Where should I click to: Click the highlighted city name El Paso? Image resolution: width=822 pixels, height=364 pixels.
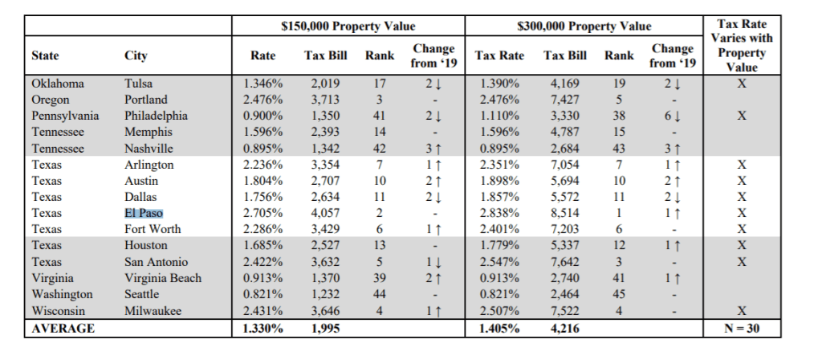pyautogui.click(x=143, y=213)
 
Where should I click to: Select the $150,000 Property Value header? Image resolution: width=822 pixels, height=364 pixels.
pyautogui.click(x=348, y=26)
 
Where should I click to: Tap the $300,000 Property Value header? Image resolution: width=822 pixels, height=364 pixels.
pyautogui.click(x=584, y=26)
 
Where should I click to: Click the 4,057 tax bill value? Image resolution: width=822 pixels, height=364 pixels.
pyautogui.click(x=325, y=213)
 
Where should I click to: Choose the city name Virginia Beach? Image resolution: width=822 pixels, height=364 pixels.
pyautogui.click(x=163, y=278)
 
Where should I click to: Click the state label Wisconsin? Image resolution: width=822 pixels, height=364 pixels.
pyautogui.click(x=58, y=310)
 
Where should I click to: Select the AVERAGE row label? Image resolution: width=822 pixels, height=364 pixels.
pyautogui.click(x=63, y=328)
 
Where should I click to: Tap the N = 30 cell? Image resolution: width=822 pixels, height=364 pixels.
pyautogui.click(x=741, y=328)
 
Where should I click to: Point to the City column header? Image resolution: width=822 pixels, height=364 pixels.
pyautogui.click(x=136, y=55)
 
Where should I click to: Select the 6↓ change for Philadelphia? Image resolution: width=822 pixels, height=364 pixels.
pyautogui.click(x=666, y=116)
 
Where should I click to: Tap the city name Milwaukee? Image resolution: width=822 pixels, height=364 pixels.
pyautogui.click(x=153, y=310)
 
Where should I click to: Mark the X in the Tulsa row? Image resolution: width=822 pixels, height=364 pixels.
pyautogui.click(x=741, y=84)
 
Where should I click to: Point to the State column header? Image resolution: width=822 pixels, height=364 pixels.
pyautogui.click(x=45, y=55)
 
